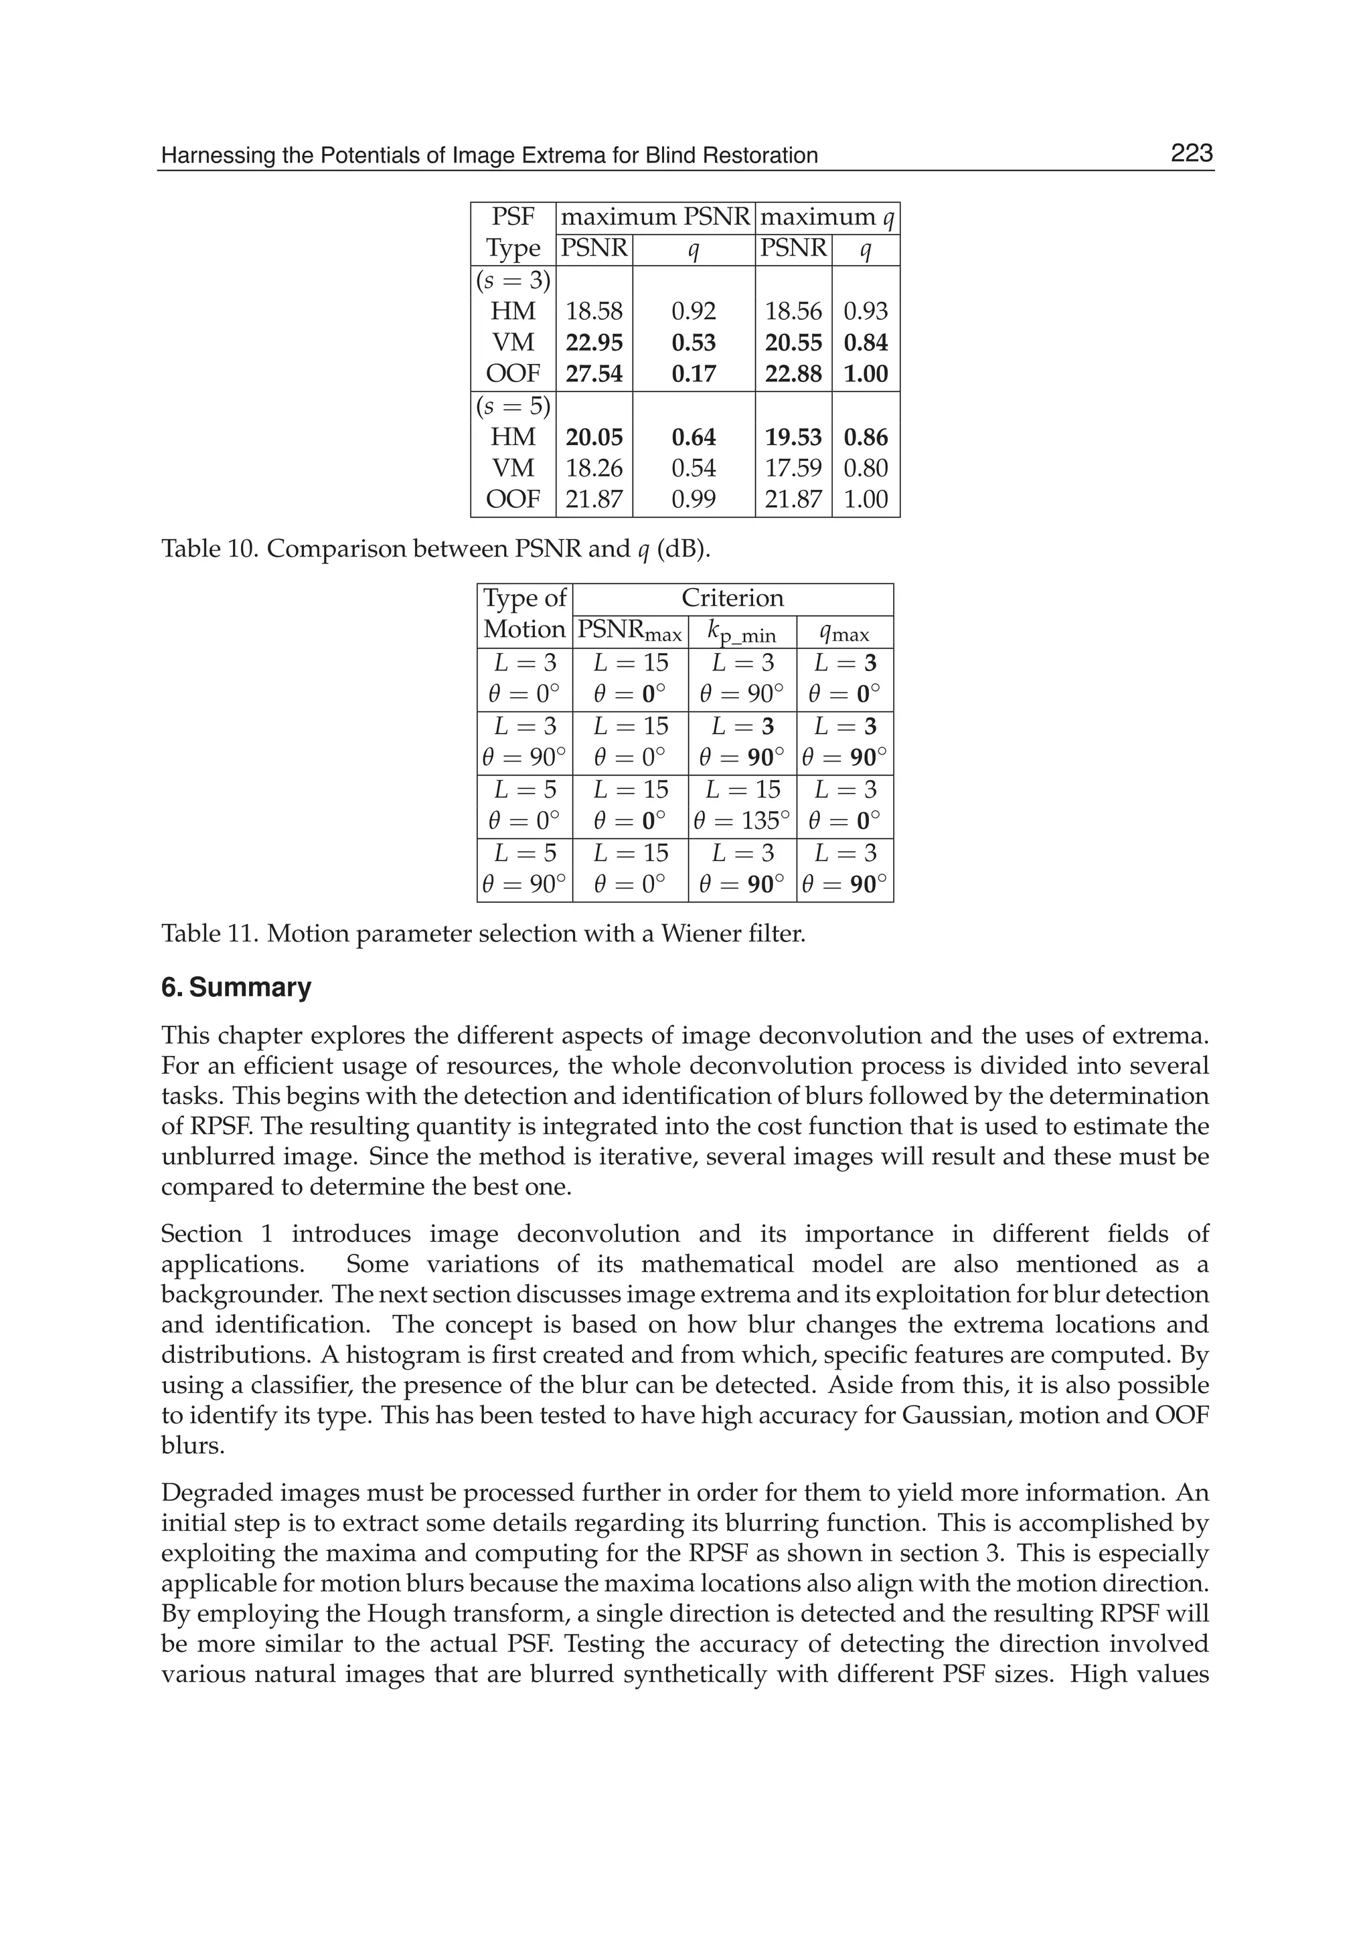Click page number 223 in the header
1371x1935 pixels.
[x=1191, y=154]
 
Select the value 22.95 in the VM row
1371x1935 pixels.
[x=594, y=343]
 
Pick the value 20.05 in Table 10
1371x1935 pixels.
[x=594, y=437]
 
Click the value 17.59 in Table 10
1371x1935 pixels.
[x=793, y=468]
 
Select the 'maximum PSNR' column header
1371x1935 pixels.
[x=655, y=217]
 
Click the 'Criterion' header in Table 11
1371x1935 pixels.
[x=732, y=598]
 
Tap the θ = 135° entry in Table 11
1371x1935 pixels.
[x=742, y=820]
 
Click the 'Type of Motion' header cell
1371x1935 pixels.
[x=524, y=614]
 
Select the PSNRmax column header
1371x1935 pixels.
[x=629, y=631]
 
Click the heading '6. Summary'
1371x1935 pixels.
[x=236, y=988]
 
